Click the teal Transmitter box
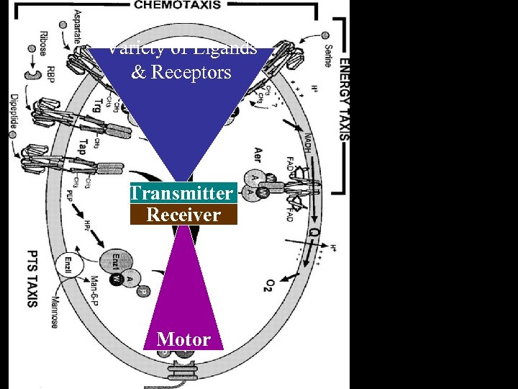point(183,193)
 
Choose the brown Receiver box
point(183,215)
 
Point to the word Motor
point(183,339)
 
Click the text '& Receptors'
point(181,73)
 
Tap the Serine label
point(327,54)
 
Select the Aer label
point(257,155)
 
